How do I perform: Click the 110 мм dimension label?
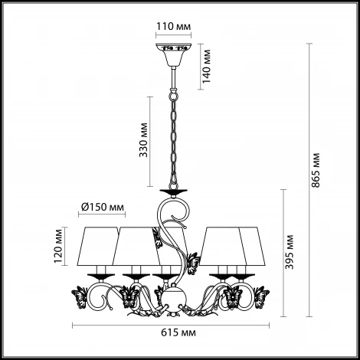pyautogui.click(x=173, y=26)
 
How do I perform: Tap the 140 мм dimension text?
pyautogui.click(x=206, y=67)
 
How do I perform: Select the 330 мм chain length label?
pyautogui.click(x=143, y=140)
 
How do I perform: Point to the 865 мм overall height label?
pyautogui.click(x=316, y=170)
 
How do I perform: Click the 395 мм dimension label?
pyautogui.click(x=290, y=252)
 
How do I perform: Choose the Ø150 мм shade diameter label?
pyautogui.click(x=103, y=207)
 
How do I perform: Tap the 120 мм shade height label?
pyautogui.click(x=58, y=246)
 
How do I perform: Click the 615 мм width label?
pyautogui.click(x=178, y=332)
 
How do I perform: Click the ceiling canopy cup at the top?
pyautogui.click(x=174, y=54)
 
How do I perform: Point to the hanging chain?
pyautogui.click(x=173, y=140)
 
